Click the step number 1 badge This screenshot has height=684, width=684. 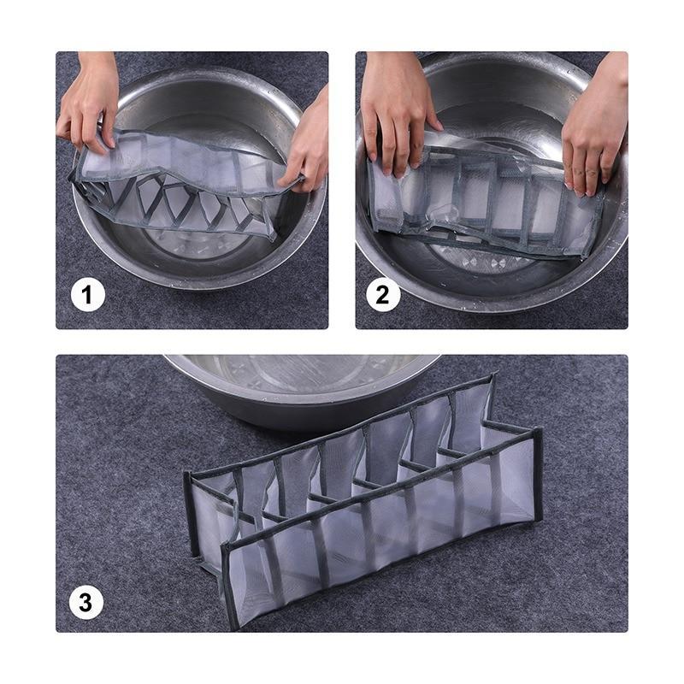[87, 296]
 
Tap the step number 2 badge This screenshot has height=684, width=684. [382, 296]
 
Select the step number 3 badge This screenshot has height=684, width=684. [86, 602]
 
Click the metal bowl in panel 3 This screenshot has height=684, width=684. [299, 385]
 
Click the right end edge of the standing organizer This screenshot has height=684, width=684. [537, 475]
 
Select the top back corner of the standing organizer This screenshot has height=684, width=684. [491, 377]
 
